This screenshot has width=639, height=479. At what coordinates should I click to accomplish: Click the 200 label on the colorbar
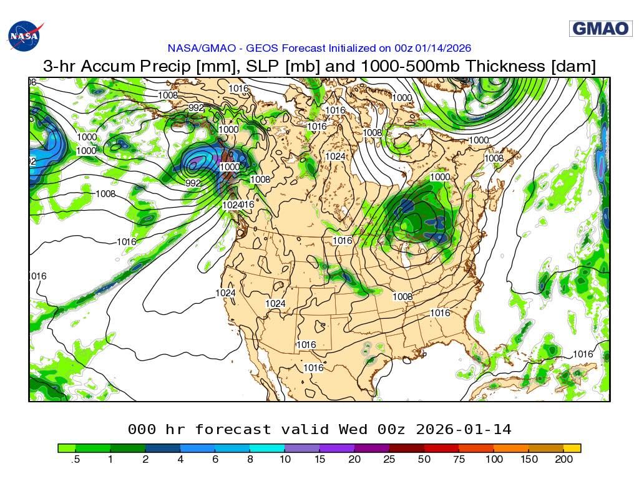pyautogui.click(x=563, y=460)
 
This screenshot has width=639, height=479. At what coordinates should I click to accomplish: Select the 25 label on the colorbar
pyautogui.click(x=389, y=460)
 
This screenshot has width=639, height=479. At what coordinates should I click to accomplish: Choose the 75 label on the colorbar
pyautogui.click(x=459, y=460)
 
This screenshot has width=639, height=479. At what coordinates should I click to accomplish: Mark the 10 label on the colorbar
pyautogui.click(x=284, y=460)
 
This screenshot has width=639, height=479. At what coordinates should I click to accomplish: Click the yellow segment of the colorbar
pyautogui.click(x=572, y=448)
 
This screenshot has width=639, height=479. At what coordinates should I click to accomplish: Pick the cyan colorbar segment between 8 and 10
pyautogui.click(x=267, y=448)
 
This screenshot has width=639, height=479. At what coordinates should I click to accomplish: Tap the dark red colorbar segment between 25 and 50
pyautogui.click(x=406, y=448)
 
